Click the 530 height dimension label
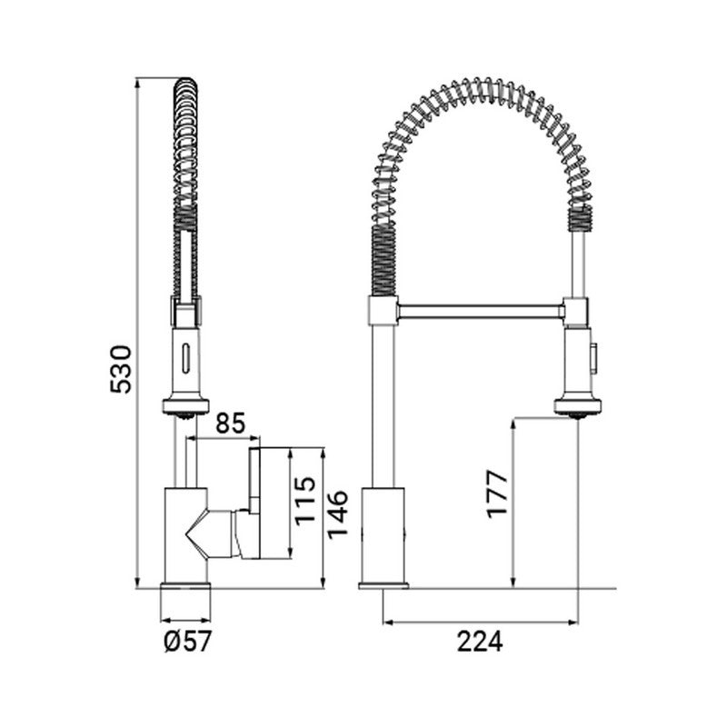pos(121,369)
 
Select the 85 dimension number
pos(230,423)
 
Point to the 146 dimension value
pos(337,514)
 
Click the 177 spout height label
pos(497,494)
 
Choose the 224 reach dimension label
pos(480,642)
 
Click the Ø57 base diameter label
pos(188,642)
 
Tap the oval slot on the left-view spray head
pos(186,357)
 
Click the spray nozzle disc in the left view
pos(186,406)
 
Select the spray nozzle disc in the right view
pos(578,406)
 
